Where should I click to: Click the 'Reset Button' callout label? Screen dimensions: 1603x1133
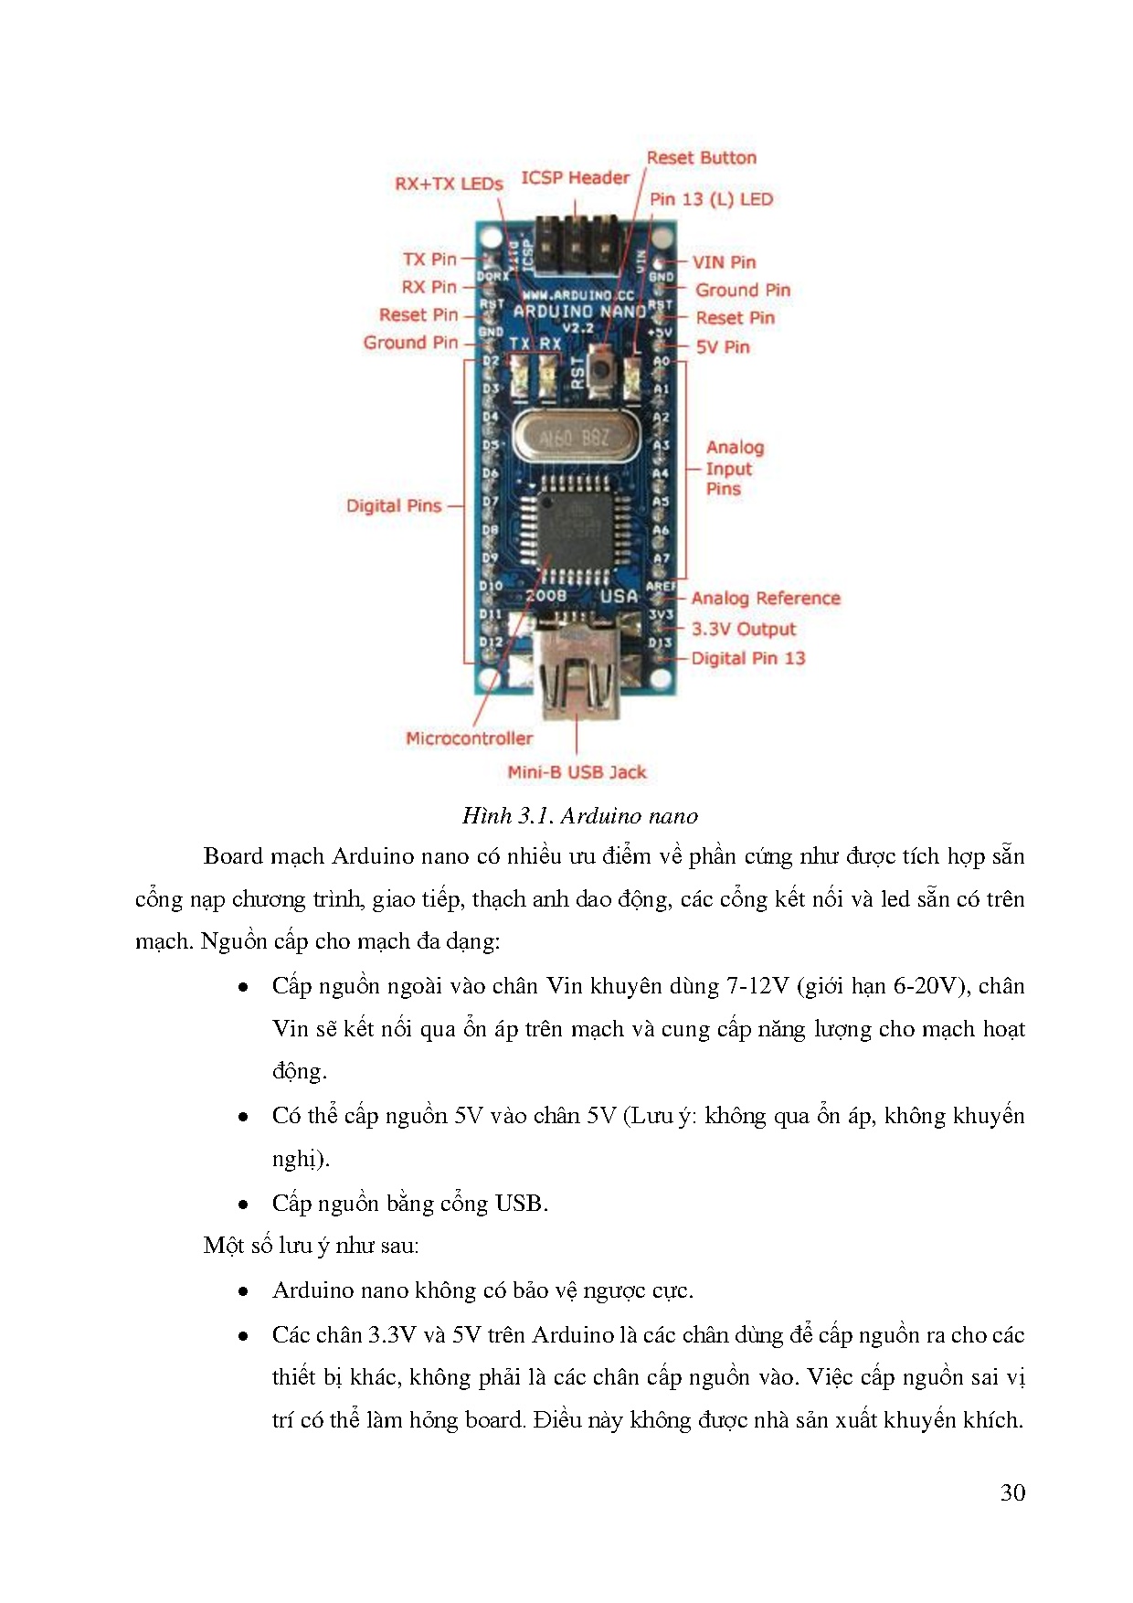[701, 158]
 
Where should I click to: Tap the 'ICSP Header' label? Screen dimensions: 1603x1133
[575, 178]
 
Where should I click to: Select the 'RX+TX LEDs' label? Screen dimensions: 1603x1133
[449, 184]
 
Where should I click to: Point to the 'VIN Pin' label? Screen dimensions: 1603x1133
[724, 262]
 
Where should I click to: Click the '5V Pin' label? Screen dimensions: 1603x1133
[723, 347]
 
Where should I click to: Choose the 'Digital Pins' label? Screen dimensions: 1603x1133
[394, 506]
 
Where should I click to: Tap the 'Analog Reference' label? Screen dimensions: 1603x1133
[766, 599]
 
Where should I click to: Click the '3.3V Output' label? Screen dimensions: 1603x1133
[744, 630]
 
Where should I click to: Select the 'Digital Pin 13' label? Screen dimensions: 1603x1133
[748, 659]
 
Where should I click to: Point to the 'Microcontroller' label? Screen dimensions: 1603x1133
[469, 738]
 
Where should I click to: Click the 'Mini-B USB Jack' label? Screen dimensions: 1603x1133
[577, 773]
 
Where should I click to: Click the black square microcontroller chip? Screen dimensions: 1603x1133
[571, 529]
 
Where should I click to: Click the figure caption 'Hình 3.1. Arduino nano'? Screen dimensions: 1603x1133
[579, 816]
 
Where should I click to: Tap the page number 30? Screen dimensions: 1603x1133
[1012, 1492]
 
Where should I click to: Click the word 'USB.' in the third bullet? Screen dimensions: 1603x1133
[521, 1204]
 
